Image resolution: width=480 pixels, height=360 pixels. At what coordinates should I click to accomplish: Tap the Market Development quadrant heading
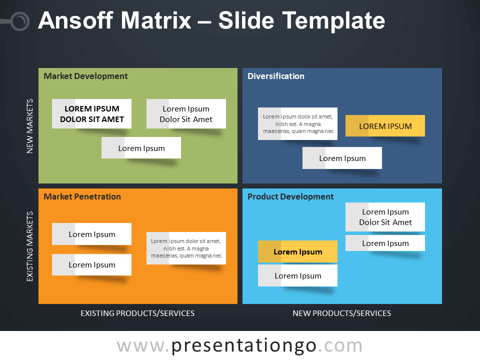point(85,76)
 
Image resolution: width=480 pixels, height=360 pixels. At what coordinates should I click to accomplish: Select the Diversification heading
point(275,76)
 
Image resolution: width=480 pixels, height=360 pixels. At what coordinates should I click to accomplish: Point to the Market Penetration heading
point(82,196)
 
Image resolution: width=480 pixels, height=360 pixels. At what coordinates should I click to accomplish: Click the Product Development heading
point(290,196)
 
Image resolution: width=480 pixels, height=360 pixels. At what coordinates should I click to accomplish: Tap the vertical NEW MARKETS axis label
point(29,126)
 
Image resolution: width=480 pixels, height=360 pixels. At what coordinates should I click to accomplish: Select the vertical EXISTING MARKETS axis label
point(29,246)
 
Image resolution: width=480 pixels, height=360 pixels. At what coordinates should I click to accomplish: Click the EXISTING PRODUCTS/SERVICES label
point(137,313)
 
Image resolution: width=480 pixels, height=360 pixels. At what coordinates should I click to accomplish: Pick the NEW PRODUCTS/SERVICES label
point(341,313)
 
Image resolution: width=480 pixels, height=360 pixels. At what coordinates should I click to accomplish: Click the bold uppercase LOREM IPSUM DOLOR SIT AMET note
point(91,114)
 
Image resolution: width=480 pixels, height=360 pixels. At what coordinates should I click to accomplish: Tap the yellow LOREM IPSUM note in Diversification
point(385,126)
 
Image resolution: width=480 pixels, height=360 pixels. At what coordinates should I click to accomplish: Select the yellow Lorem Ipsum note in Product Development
point(297,252)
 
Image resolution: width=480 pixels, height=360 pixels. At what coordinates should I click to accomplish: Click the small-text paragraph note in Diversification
point(297,124)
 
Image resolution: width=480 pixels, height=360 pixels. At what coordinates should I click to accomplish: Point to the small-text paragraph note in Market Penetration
point(186,248)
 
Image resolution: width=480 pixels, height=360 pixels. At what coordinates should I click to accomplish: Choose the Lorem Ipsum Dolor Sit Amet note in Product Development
point(385,217)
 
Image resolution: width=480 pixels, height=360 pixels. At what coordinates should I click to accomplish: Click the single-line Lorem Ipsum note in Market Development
point(141,148)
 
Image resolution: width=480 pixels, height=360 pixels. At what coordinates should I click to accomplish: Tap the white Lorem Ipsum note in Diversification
point(342,158)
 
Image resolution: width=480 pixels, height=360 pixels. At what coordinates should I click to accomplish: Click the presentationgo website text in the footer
point(239,345)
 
